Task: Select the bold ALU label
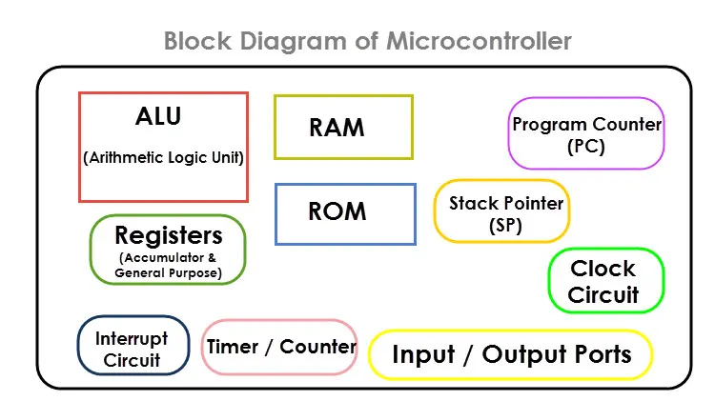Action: coord(158,117)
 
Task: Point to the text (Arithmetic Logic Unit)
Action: coord(164,158)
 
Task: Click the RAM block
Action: coord(343,127)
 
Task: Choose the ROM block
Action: coord(344,211)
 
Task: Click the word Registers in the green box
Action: coord(169,235)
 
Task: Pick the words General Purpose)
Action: coord(169,273)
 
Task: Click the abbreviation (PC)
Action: coord(586,147)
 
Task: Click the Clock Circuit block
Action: coord(604,281)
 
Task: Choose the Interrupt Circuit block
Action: coord(133,350)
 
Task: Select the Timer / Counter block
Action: coord(281,348)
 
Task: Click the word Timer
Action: coord(234,347)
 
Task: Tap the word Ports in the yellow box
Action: coord(593,355)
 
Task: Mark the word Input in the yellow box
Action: coord(423,355)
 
